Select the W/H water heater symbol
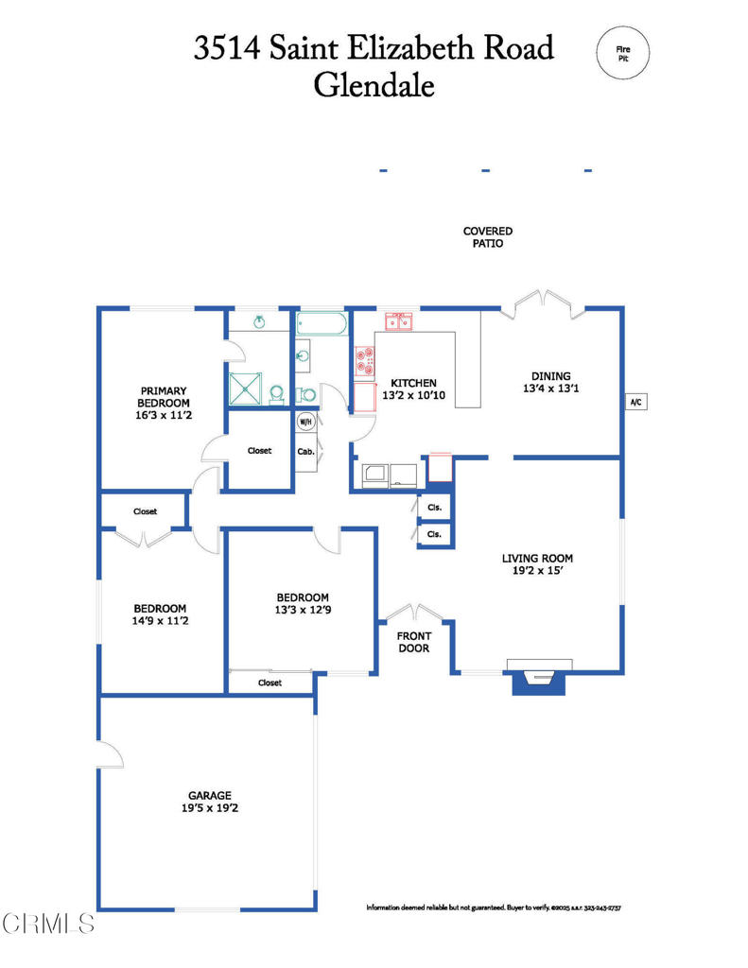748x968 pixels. tap(305, 422)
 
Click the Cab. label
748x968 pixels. tap(305, 451)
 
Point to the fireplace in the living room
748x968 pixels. tap(539, 676)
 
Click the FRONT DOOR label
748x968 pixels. tap(413, 642)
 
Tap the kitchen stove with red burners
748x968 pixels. tap(364, 361)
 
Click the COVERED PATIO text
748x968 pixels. tap(487, 237)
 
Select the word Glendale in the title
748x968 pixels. tap(374, 85)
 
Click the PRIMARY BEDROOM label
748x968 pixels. tap(164, 396)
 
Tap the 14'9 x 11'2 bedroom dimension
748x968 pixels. tap(160, 621)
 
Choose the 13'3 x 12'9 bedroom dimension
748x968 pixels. tap(302, 610)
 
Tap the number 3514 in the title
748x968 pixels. tap(227, 47)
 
